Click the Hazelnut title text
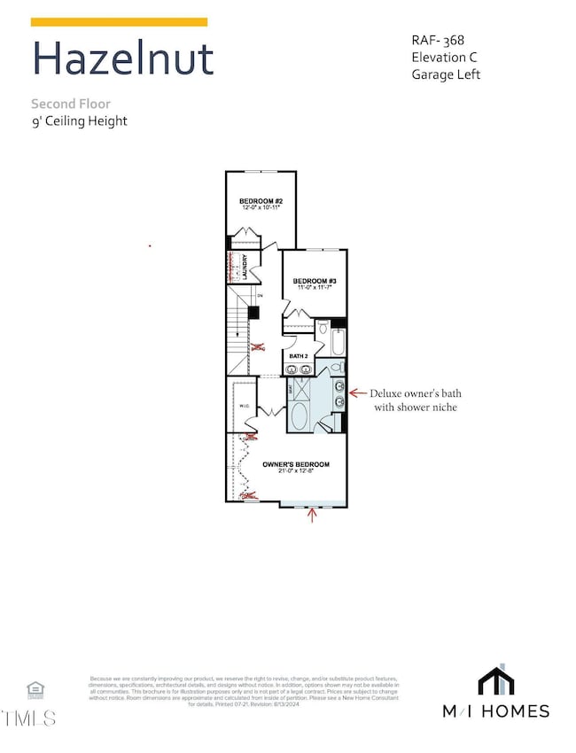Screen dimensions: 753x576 click(122, 58)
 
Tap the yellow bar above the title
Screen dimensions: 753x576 click(120, 21)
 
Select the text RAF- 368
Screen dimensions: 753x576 click(439, 39)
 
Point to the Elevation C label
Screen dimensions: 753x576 click(444, 57)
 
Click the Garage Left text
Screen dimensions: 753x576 click(446, 74)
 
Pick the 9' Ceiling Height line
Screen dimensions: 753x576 click(79, 120)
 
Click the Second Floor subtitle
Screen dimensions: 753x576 click(71, 104)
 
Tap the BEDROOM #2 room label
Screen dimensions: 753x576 click(261, 202)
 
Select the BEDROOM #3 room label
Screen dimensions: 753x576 click(315, 280)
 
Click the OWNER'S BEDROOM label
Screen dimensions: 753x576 click(296, 464)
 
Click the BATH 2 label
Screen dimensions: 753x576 click(299, 356)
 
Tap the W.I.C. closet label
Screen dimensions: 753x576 click(246, 406)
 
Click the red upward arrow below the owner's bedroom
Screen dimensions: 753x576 click(311, 516)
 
